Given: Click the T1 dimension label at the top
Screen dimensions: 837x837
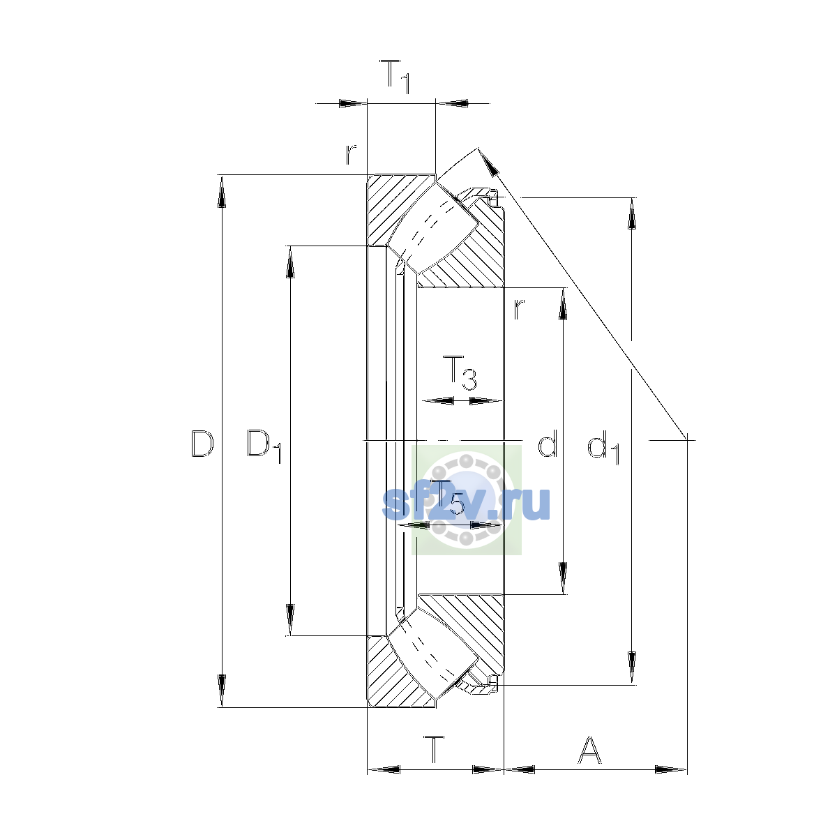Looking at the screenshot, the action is (x=394, y=77).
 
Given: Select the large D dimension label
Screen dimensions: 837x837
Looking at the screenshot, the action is (x=202, y=444).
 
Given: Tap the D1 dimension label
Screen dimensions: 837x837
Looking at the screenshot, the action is (x=264, y=446).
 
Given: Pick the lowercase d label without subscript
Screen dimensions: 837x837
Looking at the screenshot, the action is (x=548, y=443).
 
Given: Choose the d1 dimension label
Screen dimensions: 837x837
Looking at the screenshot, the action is (x=603, y=447).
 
